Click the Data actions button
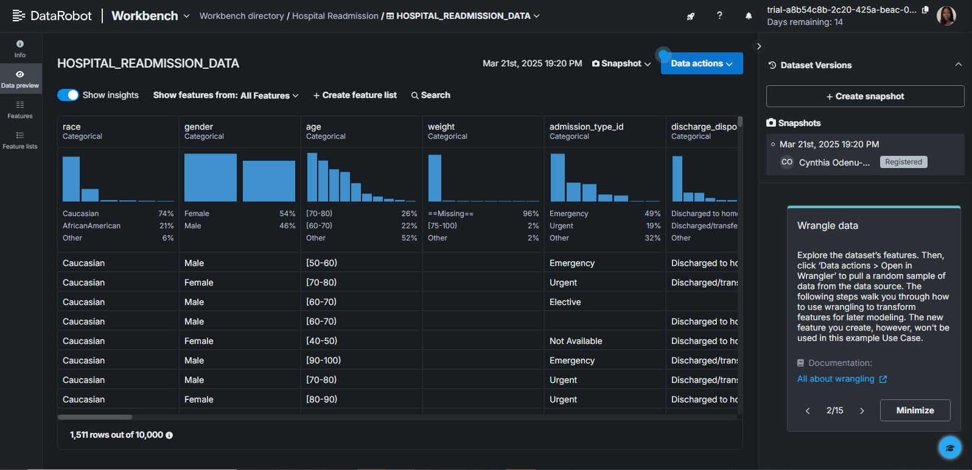(x=702, y=63)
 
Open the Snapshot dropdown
(x=621, y=63)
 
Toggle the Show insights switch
(x=68, y=95)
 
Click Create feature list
(x=355, y=95)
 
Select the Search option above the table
(x=431, y=95)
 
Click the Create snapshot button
(x=865, y=96)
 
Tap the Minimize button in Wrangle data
(x=915, y=410)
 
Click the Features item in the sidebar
(x=20, y=110)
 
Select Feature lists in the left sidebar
(x=20, y=140)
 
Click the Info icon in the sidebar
(x=20, y=44)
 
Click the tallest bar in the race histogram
(x=71, y=179)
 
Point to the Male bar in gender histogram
(x=268, y=181)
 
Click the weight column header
(x=441, y=127)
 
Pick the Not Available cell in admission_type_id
(x=576, y=341)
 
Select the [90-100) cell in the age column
(x=323, y=360)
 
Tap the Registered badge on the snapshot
(x=903, y=162)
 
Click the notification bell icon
(x=749, y=16)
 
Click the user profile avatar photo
(x=946, y=16)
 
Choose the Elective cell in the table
(x=565, y=302)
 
